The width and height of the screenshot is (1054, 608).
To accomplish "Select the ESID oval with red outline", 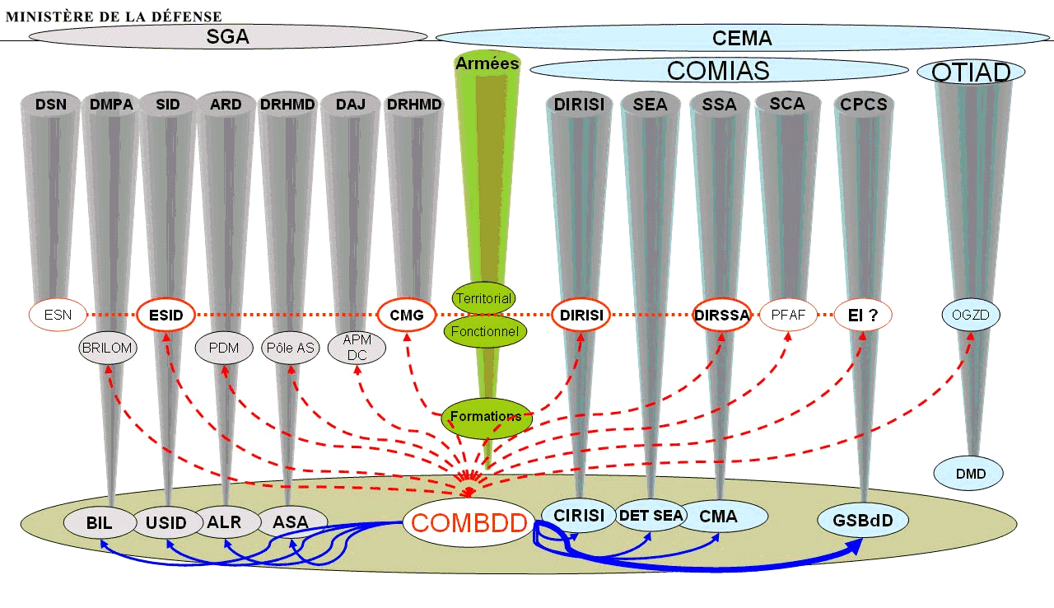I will tap(166, 315).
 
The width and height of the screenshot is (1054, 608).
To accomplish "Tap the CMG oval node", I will tap(406, 315).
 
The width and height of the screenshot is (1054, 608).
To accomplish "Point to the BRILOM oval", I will tap(108, 348).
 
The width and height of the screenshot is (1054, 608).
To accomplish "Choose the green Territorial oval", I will tap(484, 298).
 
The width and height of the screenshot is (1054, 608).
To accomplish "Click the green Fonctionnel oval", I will tap(486, 331).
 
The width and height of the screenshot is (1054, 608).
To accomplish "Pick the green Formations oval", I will tap(487, 417).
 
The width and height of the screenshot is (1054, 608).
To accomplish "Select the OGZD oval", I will tap(971, 314).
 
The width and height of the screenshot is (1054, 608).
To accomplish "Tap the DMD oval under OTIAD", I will tap(970, 474).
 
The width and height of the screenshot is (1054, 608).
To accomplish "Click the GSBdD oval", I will tap(862, 521).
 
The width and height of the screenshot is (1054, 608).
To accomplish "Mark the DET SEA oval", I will tap(651, 516).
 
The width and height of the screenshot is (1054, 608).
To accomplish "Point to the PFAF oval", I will tap(788, 315).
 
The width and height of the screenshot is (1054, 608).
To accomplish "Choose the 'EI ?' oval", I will tap(862, 315).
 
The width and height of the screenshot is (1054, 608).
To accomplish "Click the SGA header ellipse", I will tap(228, 37).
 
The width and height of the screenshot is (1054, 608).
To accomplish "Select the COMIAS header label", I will tap(717, 71).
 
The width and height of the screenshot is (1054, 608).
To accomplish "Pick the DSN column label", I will tap(51, 105).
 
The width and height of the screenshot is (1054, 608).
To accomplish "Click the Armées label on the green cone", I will tap(487, 63).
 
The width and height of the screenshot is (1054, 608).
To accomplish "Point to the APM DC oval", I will tap(357, 348).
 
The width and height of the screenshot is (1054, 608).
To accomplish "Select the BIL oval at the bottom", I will tap(100, 522).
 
